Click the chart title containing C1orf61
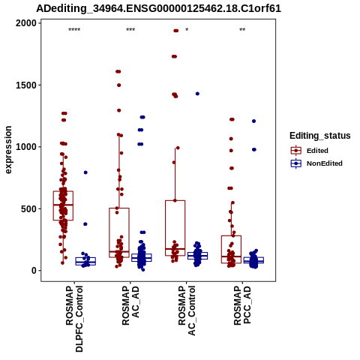pos(158,8)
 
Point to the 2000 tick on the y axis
pos(26,23)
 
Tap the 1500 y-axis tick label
pos(26,85)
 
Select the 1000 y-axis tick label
pos(26,147)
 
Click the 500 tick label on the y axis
pos(28,208)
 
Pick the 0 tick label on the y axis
pos(34,271)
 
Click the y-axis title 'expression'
pos(8,150)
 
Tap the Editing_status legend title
pos(320,136)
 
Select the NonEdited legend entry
pos(316,163)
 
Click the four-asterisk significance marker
pos(74,30)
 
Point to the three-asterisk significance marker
pos(130,30)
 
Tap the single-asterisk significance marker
pos(187,30)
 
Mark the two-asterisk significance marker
pos(242,30)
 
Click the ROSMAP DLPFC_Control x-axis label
pos(74,319)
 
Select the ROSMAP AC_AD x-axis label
pos(130,305)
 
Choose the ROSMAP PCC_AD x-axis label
pos(242,305)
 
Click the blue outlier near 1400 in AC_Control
pos(197,94)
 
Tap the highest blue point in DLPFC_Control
pos(85,172)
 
